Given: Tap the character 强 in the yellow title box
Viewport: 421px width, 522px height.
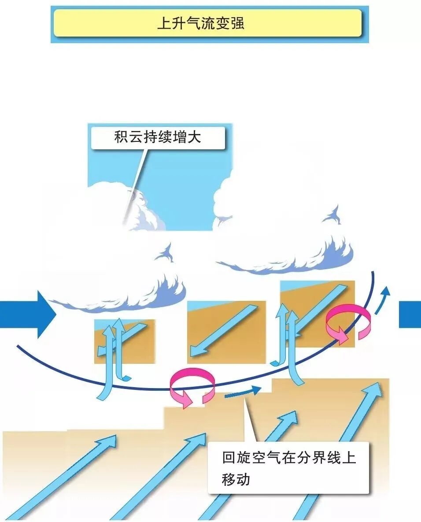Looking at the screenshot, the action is (237, 23).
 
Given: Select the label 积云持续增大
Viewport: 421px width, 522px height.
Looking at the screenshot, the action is (157, 137).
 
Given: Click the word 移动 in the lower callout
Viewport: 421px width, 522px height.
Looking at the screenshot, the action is (236, 479).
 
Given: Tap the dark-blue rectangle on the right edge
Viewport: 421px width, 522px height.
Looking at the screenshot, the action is (410, 315).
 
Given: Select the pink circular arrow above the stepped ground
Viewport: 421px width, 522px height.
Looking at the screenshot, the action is (192, 386).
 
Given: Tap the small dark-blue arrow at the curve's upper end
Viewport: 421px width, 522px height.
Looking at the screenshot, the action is (383, 299).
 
